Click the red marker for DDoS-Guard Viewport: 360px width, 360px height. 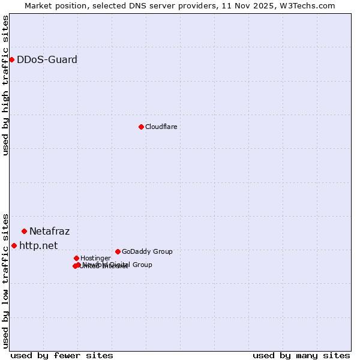11,59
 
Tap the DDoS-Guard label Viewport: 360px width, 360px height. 47,59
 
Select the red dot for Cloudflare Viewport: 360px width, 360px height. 141,127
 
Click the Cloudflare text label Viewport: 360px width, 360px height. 161,127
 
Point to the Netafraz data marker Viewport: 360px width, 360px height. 24,231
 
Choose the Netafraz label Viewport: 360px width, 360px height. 49,231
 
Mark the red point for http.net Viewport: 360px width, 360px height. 14,245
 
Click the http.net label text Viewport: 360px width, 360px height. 38,245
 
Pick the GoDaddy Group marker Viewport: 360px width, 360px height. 118,251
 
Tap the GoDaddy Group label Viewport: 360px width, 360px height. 147,251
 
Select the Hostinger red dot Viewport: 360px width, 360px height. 76,258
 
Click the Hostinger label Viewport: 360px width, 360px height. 95,258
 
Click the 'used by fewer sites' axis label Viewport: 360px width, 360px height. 62,355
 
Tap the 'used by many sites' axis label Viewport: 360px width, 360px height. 301,355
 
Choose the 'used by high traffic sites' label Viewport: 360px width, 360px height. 5,85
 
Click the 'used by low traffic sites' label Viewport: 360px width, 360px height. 5,280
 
